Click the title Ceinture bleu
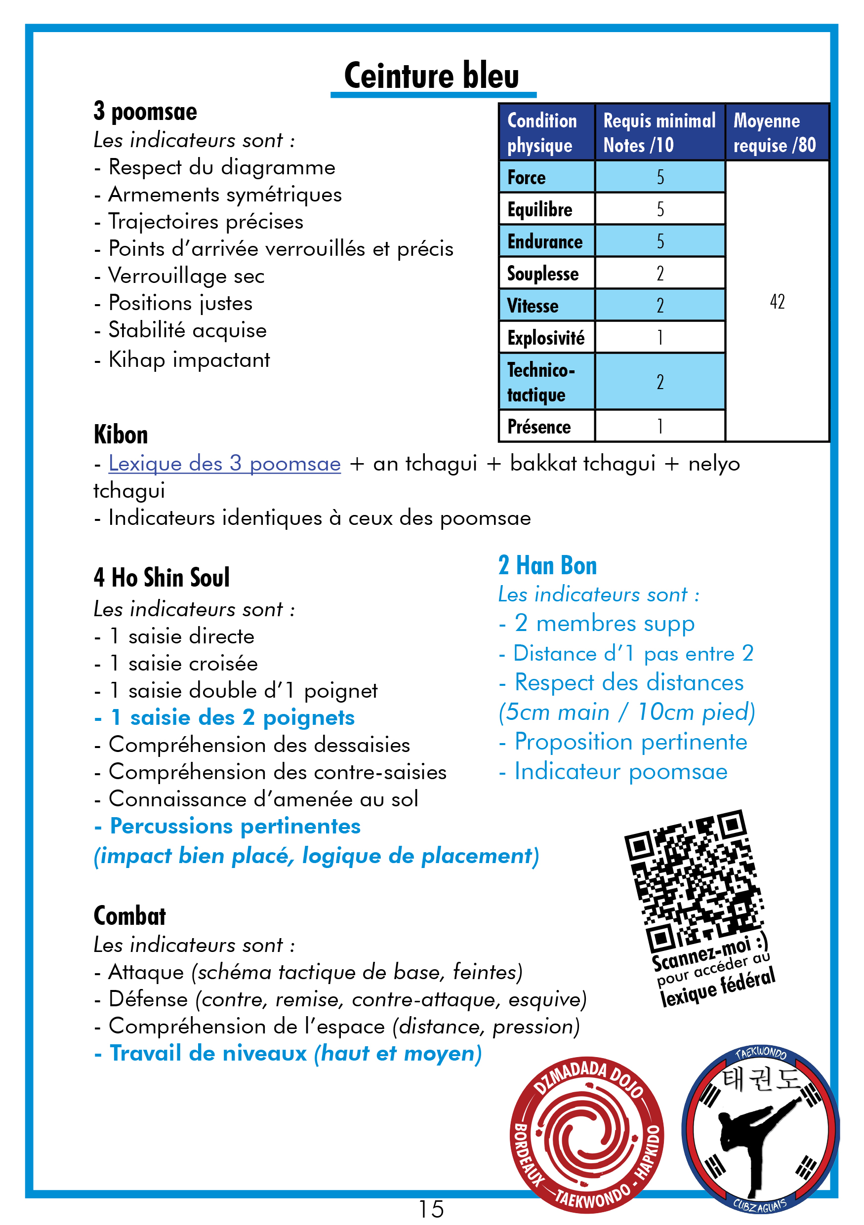(x=431, y=75)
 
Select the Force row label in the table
(x=526, y=178)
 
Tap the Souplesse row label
(x=542, y=274)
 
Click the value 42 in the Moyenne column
(x=777, y=302)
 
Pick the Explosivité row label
(x=545, y=338)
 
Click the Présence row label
(x=539, y=427)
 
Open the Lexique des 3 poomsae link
(x=225, y=464)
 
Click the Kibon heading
(x=121, y=435)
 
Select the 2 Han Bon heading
(x=547, y=565)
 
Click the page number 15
(x=431, y=1209)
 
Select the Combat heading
(x=130, y=916)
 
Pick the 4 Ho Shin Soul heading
(x=162, y=578)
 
